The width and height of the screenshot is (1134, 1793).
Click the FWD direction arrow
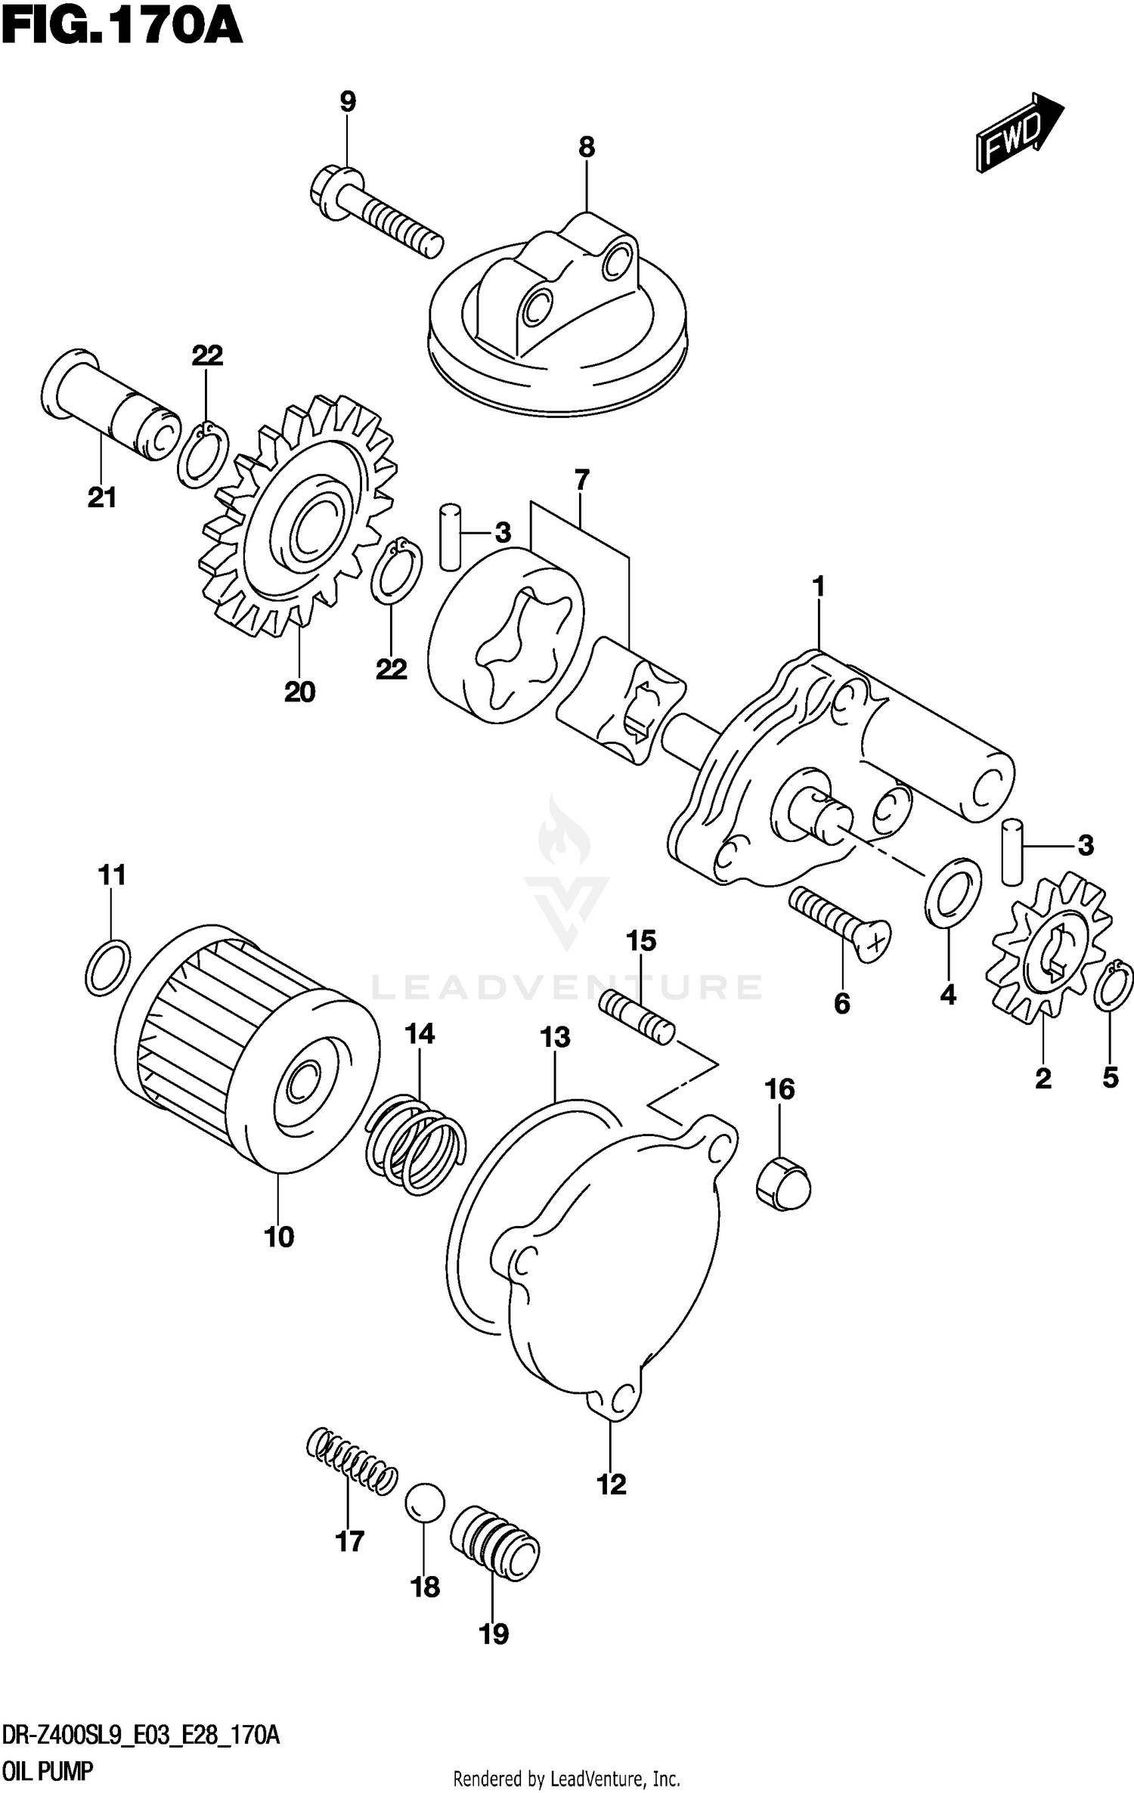[1019, 132]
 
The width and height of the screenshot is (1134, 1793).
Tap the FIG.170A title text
[122, 27]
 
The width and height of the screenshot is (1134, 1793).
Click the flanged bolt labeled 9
[376, 212]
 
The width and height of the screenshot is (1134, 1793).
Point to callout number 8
[587, 147]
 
